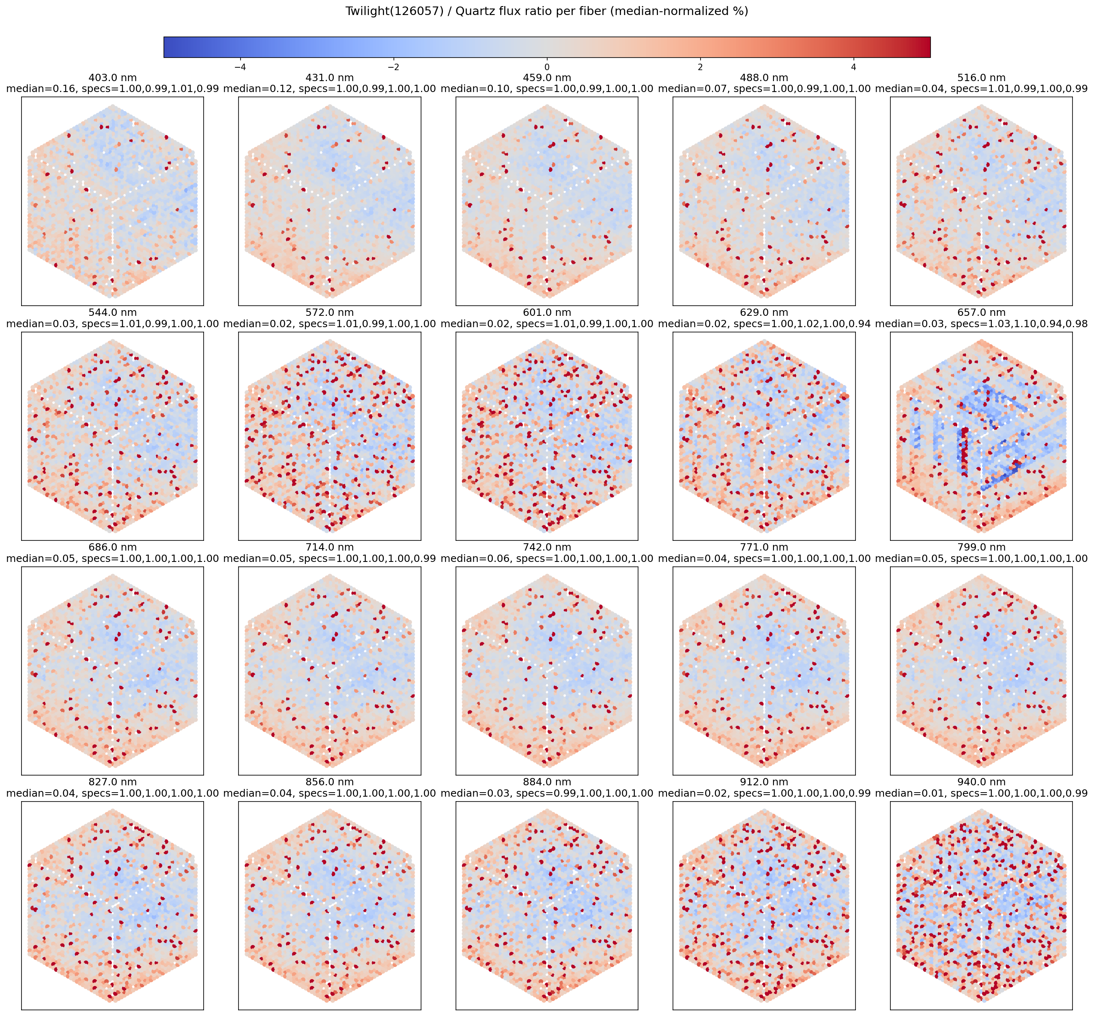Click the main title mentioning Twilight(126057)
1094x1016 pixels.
547,11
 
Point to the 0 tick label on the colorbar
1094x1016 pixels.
547,67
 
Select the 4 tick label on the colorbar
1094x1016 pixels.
853,67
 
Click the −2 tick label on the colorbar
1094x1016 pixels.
393,67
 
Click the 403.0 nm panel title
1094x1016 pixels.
112,78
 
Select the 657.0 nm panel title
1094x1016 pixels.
981,313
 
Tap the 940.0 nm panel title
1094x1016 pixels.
981,782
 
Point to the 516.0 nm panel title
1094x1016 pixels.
981,78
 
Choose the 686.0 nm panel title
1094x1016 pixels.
112,548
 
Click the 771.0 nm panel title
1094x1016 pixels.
764,548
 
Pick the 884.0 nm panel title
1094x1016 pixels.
547,782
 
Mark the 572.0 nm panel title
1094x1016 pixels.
329,313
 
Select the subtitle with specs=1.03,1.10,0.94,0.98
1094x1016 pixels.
981,324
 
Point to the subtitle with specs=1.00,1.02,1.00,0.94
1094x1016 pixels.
764,324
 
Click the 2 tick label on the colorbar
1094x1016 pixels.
700,67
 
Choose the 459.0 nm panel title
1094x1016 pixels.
547,78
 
